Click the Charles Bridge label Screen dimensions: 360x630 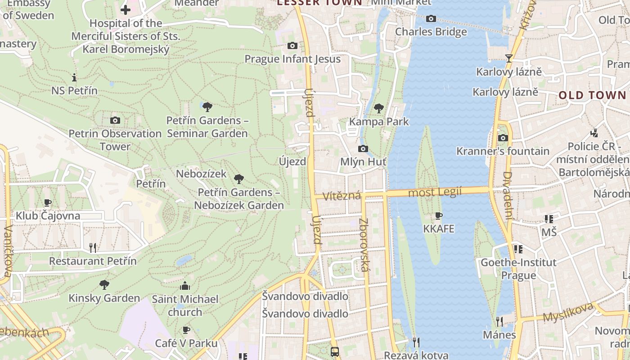431,32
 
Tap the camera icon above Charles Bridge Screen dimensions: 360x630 431,18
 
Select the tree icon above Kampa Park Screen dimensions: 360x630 379,108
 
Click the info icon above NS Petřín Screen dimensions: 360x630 74,77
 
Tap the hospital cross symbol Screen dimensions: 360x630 126,9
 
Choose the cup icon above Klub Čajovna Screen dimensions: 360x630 48,202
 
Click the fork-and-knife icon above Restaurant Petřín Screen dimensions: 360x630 93,247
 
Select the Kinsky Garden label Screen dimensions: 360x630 104,298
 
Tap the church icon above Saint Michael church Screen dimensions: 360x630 184,286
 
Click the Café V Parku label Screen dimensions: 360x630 186,343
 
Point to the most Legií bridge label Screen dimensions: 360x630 435,193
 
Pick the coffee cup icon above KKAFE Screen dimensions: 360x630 439,216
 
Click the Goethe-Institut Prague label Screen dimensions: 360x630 518,269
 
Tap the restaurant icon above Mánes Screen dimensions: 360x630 499,321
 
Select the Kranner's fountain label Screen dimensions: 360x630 503,151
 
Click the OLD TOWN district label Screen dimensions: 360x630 592,95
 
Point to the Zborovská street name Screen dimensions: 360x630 364,245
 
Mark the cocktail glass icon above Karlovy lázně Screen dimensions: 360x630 509,58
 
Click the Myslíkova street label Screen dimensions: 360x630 568,312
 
